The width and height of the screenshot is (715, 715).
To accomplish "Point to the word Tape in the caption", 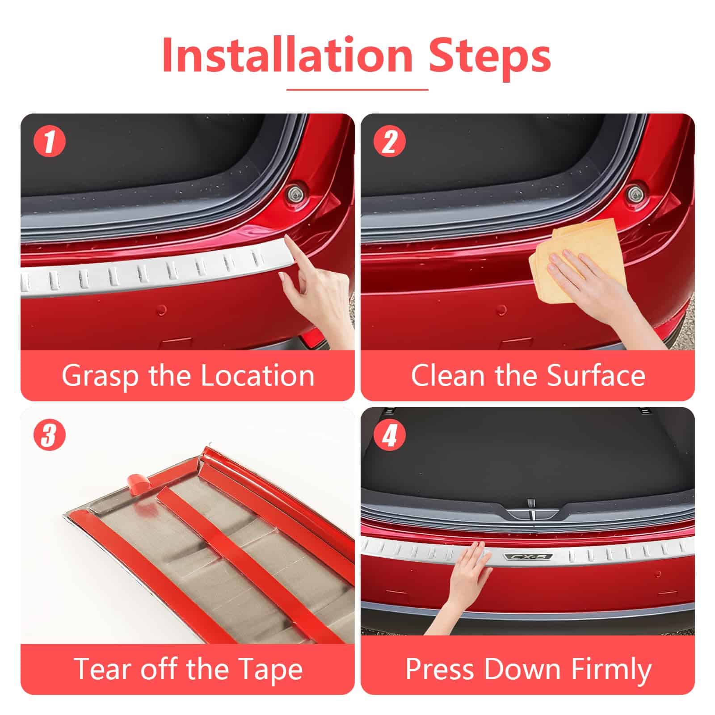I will tap(270, 669).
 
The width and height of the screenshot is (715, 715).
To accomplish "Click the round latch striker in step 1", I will tap(295, 193).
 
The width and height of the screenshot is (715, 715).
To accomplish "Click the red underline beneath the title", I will tap(357, 89).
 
